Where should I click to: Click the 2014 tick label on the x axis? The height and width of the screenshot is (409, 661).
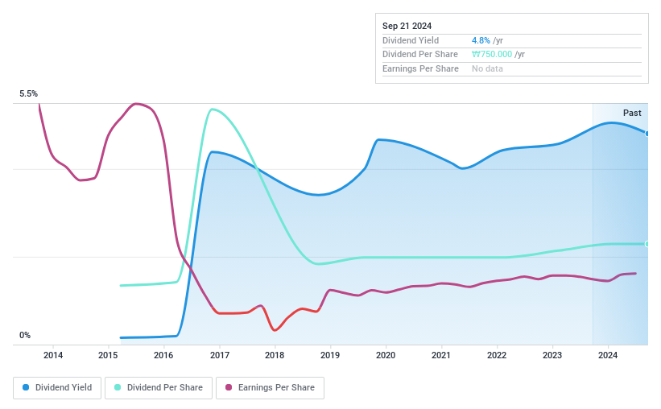click(x=53, y=355)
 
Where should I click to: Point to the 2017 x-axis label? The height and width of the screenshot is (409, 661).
click(x=219, y=355)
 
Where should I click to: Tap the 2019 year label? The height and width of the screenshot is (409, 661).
click(x=330, y=355)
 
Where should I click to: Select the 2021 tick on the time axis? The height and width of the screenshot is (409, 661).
click(x=441, y=355)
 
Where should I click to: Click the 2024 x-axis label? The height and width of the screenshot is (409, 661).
click(x=608, y=355)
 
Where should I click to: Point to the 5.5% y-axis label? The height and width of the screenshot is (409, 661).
click(x=28, y=94)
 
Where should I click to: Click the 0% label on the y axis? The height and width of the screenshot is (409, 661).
click(x=25, y=336)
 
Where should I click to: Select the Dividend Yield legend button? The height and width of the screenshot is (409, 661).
click(x=57, y=387)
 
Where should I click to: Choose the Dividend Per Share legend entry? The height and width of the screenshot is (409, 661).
click(x=159, y=387)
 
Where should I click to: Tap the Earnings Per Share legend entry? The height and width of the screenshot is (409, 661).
click(x=271, y=387)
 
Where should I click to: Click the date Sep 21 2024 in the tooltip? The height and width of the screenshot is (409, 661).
click(x=407, y=26)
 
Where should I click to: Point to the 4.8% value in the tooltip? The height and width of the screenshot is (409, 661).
click(x=480, y=40)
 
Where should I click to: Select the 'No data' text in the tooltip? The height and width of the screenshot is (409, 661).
click(x=488, y=69)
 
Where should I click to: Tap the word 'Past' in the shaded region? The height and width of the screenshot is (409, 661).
click(x=632, y=113)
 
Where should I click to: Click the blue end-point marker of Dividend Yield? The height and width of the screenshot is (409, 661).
click(x=647, y=133)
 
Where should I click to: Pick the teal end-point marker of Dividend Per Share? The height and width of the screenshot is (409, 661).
click(x=647, y=244)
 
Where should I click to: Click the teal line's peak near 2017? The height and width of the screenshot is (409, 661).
click(x=211, y=109)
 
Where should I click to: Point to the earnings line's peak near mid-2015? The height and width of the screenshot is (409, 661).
click(x=137, y=104)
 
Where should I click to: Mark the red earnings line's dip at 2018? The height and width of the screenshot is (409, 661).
click(x=275, y=330)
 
